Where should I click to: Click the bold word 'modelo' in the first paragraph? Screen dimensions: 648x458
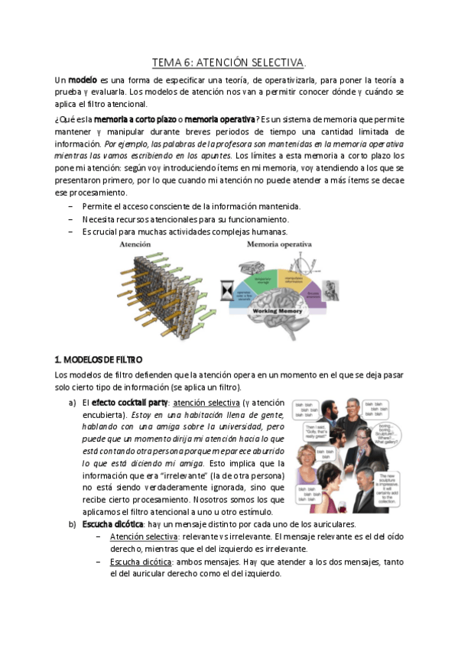pos(83,79)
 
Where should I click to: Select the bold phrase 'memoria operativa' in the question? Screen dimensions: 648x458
pos(220,119)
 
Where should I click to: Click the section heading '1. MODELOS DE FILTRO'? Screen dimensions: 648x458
pos(99,358)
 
